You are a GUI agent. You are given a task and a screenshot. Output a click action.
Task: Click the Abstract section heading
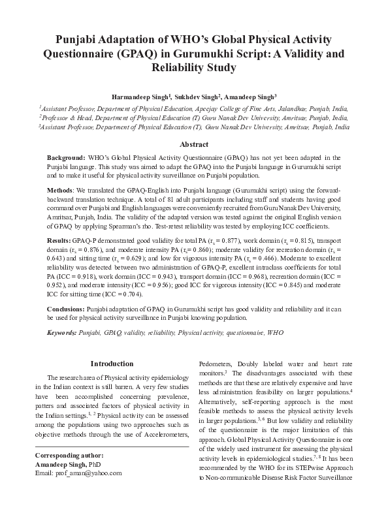coord(194,145)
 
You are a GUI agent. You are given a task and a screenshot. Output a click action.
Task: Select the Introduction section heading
coord(111,363)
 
